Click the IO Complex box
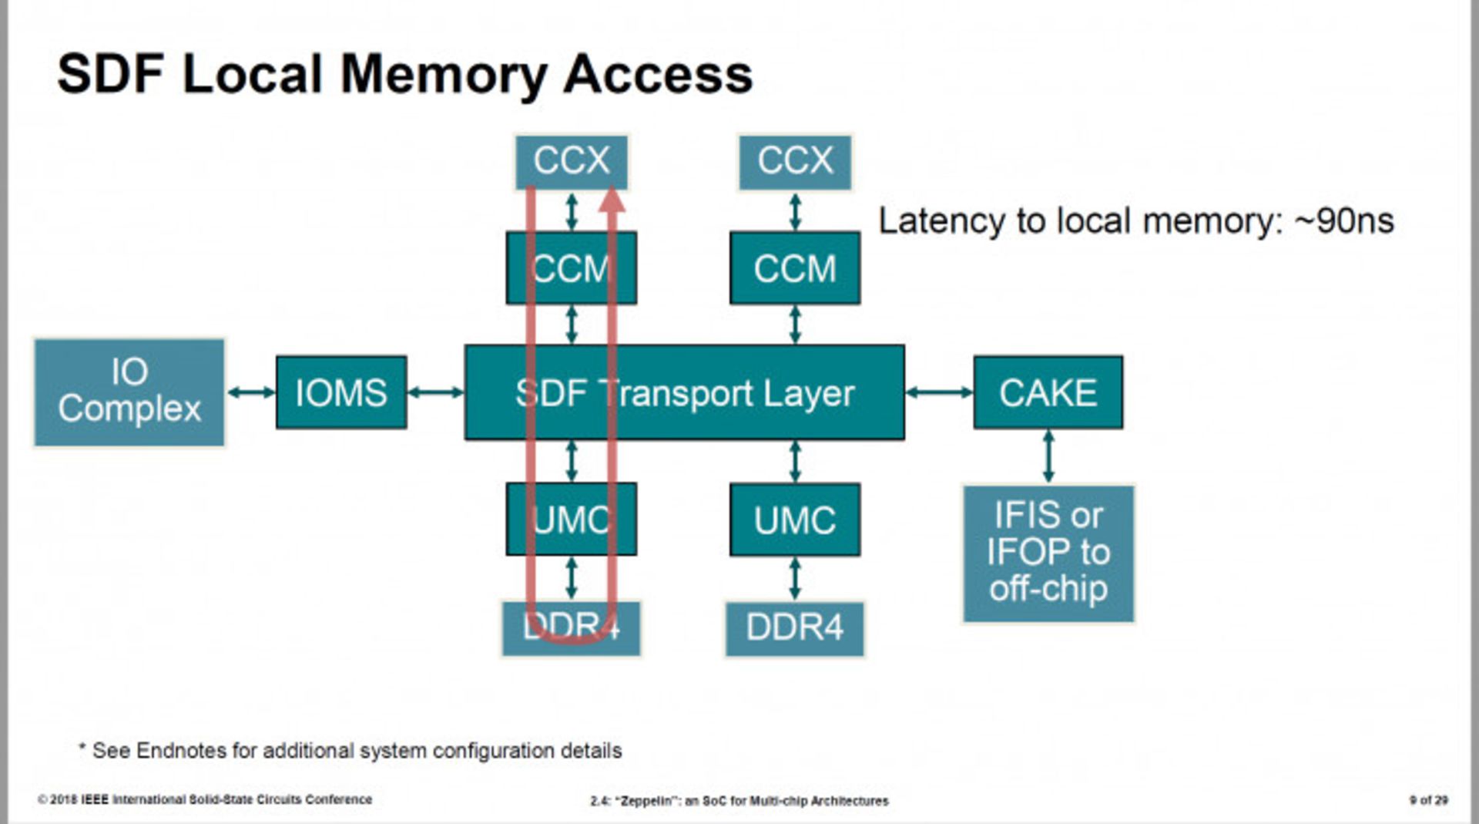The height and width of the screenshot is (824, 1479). (129, 392)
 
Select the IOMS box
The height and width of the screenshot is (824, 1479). (341, 392)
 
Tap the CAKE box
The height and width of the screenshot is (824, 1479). (1048, 392)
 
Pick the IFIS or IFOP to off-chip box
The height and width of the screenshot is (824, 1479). (1048, 553)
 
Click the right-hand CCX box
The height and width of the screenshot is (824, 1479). (795, 161)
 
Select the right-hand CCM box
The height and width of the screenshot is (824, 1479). (795, 268)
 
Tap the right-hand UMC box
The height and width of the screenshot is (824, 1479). (795, 520)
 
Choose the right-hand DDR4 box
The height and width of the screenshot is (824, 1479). (795, 628)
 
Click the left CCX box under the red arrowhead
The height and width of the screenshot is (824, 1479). (571, 161)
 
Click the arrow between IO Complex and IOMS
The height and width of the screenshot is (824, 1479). (251, 392)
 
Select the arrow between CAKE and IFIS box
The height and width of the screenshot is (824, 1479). (1048, 456)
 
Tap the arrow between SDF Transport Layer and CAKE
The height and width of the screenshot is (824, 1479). (939, 392)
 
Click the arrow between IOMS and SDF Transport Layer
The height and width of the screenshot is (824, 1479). (436, 392)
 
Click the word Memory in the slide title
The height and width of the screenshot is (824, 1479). (443, 76)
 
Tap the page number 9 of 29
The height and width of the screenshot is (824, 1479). (1428, 800)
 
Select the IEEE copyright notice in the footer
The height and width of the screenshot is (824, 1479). (205, 799)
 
